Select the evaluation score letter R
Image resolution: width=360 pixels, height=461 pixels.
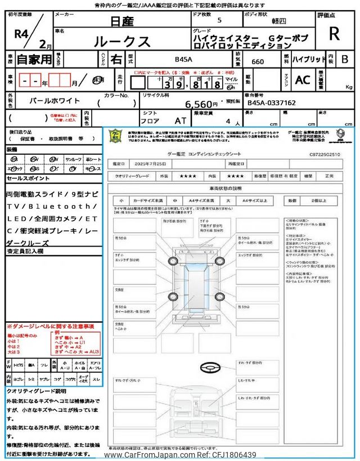(x=334, y=34)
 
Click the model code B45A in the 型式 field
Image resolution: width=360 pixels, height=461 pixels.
(x=183, y=59)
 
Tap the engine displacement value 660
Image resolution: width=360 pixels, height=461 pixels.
(x=258, y=62)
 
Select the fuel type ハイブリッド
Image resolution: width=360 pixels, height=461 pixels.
(x=308, y=59)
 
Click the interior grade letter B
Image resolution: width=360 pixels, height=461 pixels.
(x=345, y=59)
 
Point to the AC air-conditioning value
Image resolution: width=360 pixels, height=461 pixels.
(x=303, y=80)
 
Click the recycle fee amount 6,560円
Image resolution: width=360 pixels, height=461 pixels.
(x=201, y=104)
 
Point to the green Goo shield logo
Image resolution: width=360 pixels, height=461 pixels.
(x=115, y=136)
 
